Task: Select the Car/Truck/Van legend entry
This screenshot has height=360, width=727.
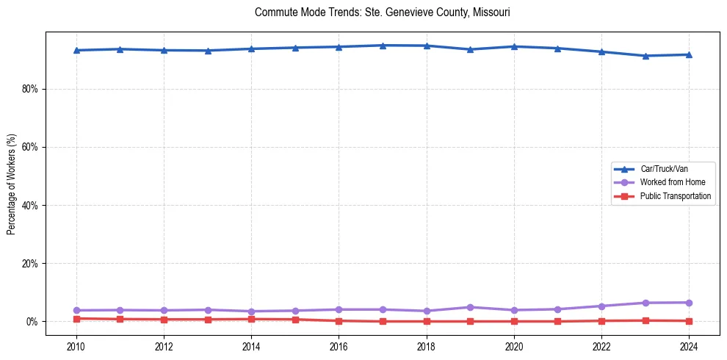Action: (x=664, y=169)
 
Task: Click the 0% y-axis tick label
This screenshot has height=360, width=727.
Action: (x=32, y=322)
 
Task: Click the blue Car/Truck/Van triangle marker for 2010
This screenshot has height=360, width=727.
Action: (x=76, y=50)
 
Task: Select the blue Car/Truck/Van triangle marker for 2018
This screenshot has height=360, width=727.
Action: (x=427, y=46)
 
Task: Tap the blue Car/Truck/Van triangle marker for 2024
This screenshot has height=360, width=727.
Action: (x=689, y=54)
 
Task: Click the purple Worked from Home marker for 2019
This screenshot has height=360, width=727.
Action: (x=470, y=307)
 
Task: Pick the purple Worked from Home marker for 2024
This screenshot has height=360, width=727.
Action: (x=689, y=303)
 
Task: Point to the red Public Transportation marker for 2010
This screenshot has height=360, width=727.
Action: (x=76, y=319)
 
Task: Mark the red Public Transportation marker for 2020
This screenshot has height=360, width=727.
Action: (x=514, y=321)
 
